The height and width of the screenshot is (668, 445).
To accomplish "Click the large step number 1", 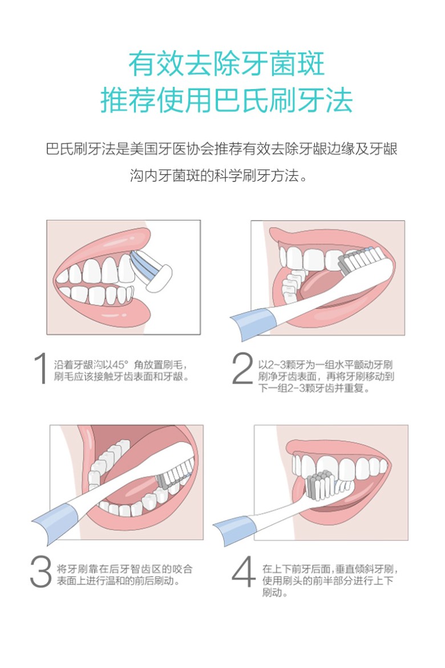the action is [41, 369].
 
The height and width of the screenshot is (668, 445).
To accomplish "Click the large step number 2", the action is [242, 369].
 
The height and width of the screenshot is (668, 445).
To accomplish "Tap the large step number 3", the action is [41, 572].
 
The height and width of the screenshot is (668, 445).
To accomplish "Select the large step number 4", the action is [244, 572].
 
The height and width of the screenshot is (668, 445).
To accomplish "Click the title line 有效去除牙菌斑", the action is [226, 64].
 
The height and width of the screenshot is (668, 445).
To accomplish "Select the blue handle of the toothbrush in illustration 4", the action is [233, 530].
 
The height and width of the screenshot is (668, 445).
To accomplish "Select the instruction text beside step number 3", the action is [124, 575].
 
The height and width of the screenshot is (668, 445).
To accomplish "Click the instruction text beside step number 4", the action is [330, 580].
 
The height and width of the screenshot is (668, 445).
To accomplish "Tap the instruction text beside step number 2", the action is [326, 376].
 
